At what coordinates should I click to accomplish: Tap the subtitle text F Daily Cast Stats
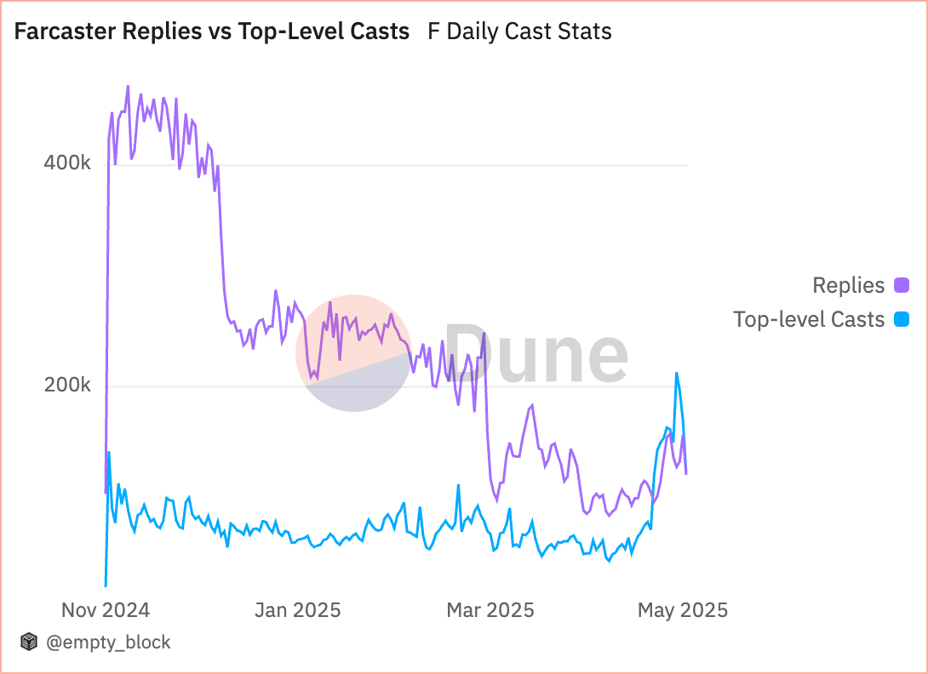pos(519,32)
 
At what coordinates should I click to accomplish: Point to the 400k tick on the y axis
pos(67,163)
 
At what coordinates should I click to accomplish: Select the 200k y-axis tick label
pos(67,386)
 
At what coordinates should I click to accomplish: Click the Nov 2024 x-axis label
pos(106,610)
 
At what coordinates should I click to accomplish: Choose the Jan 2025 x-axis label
pos(297,610)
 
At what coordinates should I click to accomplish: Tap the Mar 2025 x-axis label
pos(491,610)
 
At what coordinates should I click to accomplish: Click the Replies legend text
pos(849,285)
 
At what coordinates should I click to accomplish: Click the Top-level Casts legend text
pos(809,320)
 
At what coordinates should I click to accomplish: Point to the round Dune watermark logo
pos(353,353)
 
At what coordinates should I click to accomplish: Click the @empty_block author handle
pos(108,643)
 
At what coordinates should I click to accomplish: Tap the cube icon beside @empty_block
pos(30,643)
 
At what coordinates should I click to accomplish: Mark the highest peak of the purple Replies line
pos(128,86)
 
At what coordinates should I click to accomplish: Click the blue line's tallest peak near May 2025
pos(677,373)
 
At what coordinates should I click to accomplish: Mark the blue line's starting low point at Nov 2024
pos(106,585)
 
